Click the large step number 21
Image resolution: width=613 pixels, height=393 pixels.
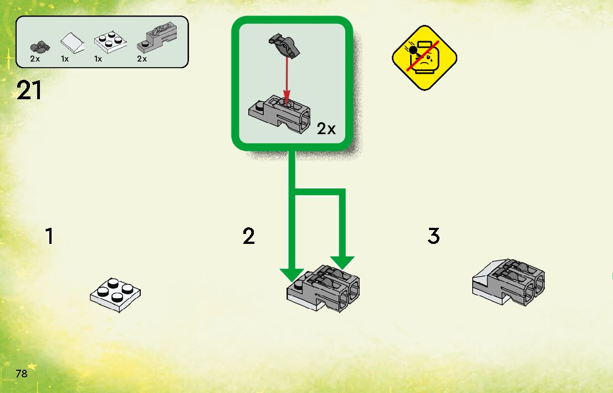(x=29, y=90)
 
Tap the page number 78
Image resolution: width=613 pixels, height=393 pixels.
(x=22, y=373)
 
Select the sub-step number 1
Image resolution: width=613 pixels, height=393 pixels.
(x=50, y=237)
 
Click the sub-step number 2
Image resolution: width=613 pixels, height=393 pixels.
(x=249, y=237)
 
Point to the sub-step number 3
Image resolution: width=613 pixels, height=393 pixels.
(x=433, y=236)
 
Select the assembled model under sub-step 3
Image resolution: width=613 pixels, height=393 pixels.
(x=508, y=281)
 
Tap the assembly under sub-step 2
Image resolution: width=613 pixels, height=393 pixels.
(x=324, y=285)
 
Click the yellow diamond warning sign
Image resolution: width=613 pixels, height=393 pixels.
(x=425, y=58)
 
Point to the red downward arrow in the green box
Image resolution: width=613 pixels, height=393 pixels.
(x=286, y=78)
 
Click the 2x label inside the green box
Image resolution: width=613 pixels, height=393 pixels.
(x=326, y=129)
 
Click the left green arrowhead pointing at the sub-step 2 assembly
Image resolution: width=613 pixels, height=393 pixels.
(x=292, y=274)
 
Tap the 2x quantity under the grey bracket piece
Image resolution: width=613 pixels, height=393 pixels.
(x=142, y=59)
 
